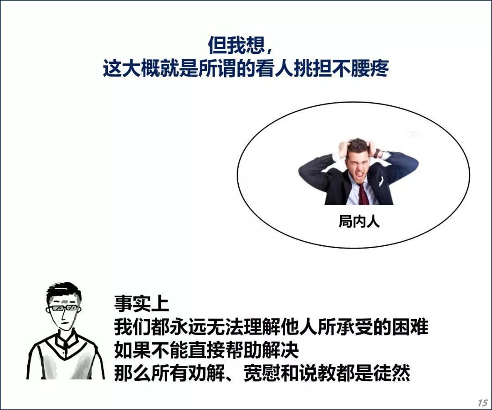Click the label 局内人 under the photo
pos(359,221)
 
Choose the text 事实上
pos(142,303)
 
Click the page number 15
pos(482,402)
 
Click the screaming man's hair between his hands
pos(359,146)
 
